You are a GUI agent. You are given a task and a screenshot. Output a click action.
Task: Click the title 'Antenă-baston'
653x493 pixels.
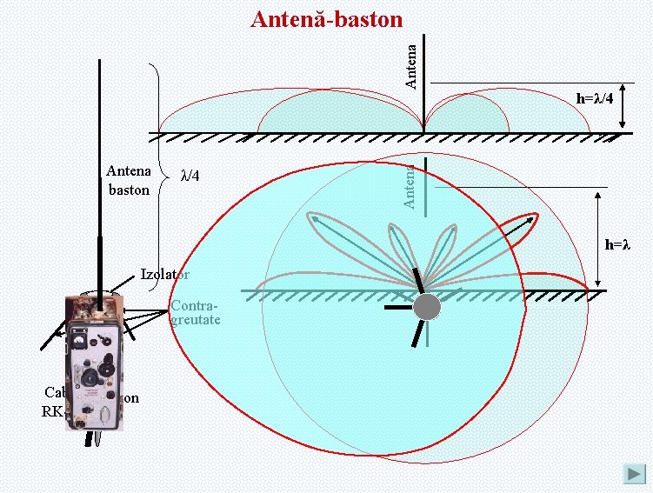326,18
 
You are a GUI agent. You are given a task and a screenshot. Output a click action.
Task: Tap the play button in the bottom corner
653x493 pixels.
634,474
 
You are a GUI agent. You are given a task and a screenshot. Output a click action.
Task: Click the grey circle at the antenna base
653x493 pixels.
427,307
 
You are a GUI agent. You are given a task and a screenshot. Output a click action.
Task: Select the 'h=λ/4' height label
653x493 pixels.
595,98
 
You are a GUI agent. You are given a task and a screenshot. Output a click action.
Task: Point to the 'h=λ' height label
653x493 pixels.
616,245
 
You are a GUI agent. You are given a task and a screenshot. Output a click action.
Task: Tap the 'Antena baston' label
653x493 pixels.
129,180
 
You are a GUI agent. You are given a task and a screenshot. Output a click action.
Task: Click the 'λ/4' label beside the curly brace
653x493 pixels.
190,177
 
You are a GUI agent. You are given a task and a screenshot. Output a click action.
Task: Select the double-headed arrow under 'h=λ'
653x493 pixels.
598,240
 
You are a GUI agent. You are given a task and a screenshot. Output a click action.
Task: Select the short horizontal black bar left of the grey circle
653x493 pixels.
397,307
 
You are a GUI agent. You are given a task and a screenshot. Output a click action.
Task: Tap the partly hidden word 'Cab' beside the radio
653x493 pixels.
55,391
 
